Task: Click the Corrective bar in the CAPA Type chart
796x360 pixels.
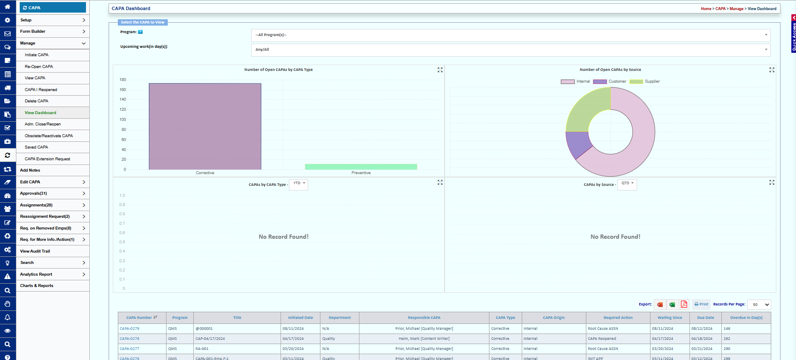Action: (x=205, y=126)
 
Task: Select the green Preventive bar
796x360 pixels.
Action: (x=361, y=167)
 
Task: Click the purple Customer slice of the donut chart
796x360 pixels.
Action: (x=577, y=144)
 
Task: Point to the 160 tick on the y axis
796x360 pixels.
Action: (x=122, y=90)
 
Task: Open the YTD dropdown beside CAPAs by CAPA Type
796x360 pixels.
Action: (x=299, y=184)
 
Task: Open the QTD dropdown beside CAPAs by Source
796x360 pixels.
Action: (x=627, y=184)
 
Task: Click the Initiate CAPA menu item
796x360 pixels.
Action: (x=36, y=55)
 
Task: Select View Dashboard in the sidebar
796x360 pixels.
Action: (x=40, y=113)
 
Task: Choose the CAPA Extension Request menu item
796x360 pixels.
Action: (x=47, y=159)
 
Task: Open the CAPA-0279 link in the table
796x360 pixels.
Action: (x=130, y=329)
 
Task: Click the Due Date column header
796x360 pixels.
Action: (x=705, y=318)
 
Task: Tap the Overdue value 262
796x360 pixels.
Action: (x=727, y=339)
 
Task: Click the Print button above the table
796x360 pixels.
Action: (x=701, y=304)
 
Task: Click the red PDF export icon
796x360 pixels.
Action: (x=684, y=304)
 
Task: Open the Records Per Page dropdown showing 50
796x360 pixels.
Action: (x=759, y=305)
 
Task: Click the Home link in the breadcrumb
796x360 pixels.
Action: (x=706, y=9)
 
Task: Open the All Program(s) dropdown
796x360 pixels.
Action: (x=510, y=35)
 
